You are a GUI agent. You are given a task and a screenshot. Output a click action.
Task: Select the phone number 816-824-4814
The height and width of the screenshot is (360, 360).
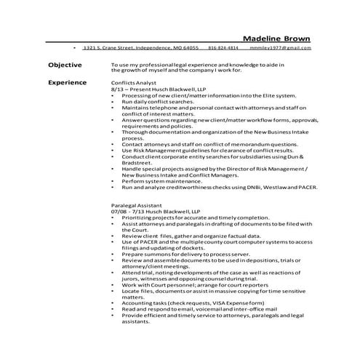[x=223, y=48]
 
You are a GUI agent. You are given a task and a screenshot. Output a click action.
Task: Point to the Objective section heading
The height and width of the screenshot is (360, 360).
[x=65, y=65]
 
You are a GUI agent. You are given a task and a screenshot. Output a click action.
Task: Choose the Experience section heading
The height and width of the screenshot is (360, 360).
[x=68, y=82]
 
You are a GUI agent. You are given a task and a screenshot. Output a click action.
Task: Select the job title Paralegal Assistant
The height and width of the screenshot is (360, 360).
[x=137, y=206]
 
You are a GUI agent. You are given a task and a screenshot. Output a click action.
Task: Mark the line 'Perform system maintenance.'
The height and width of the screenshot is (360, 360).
[x=163, y=182]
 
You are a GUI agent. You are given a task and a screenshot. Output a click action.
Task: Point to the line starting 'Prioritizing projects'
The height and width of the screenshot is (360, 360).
[x=191, y=217]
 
